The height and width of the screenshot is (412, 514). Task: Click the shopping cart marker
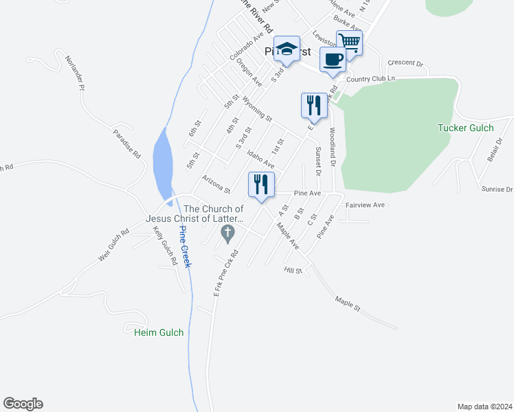[x=349, y=43]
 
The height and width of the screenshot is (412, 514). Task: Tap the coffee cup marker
[x=333, y=59]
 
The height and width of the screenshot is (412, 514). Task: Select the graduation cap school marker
[x=287, y=49]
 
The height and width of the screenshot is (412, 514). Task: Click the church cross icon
[x=227, y=235]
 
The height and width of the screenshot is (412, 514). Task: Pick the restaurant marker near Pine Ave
[x=261, y=185]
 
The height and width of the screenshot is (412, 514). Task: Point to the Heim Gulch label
[x=159, y=332]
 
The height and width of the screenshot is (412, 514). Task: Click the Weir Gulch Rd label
[x=114, y=245]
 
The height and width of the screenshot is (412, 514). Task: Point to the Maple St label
[x=348, y=304]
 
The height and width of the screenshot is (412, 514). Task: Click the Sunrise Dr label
[x=498, y=189]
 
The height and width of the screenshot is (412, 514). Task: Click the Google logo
[x=23, y=404]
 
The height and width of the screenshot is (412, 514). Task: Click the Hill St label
[x=293, y=271]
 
